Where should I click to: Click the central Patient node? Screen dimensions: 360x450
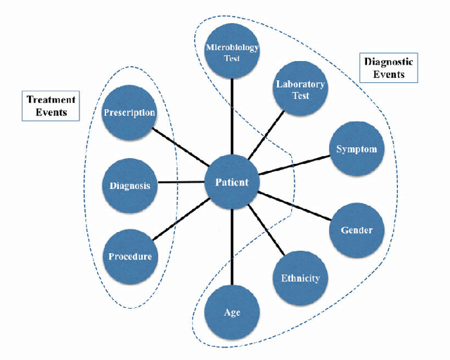pos(232,183)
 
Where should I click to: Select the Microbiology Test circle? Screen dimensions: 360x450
pos(232,53)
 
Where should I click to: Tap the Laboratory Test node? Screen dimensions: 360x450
pos(299,90)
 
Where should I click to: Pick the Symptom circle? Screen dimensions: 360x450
pos(355,149)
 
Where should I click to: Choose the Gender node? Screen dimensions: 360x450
pos(356,230)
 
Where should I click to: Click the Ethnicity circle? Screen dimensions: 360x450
pos(300,277)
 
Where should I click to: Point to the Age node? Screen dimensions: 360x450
pos(232,311)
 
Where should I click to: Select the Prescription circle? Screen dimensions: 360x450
pos(129,112)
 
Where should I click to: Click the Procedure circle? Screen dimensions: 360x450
pos(129,256)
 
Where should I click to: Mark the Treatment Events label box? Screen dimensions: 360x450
pos(51,105)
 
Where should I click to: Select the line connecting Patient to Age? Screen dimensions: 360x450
pos(232,246)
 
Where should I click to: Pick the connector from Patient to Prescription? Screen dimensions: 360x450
pos(181,148)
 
